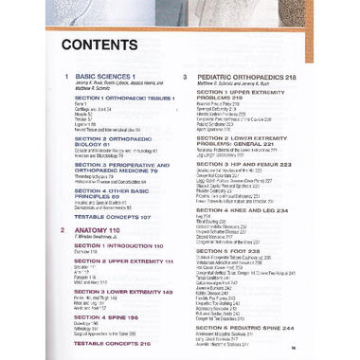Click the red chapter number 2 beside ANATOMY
[x=63, y=229]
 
